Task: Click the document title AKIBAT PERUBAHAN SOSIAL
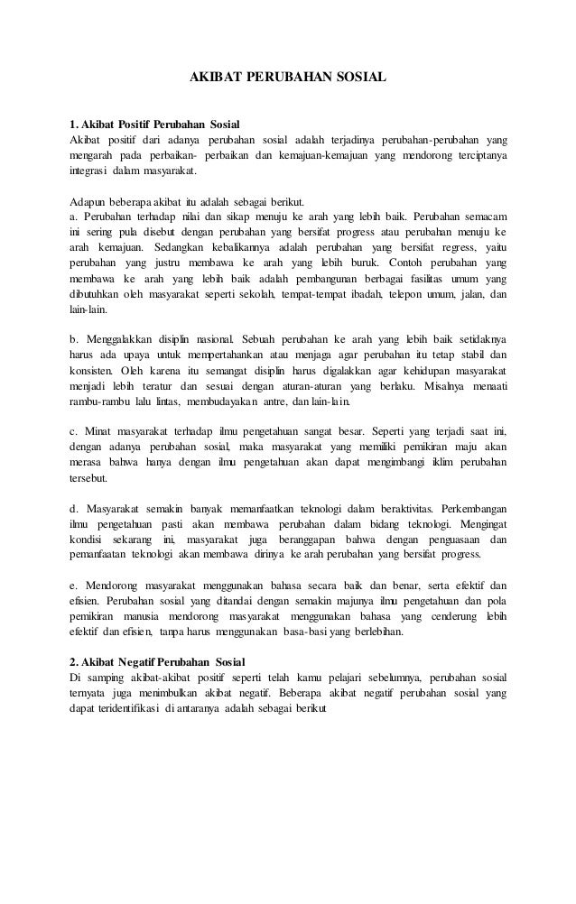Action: (287, 78)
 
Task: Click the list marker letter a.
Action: (73, 216)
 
